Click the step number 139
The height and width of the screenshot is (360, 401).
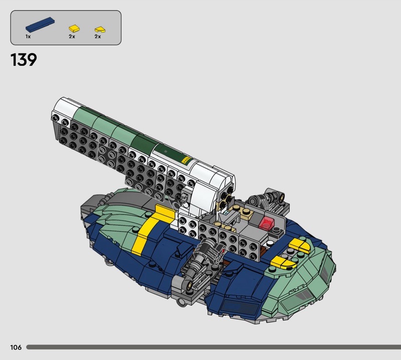coord(24,60)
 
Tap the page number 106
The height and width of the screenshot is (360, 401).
coord(16,347)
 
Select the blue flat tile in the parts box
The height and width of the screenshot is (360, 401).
coord(40,25)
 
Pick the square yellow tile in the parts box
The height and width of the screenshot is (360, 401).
coord(74,29)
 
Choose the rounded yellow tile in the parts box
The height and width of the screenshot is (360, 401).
coord(100,30)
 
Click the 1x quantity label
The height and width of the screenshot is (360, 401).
coord(28,37)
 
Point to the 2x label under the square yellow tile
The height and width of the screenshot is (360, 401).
coord(72,37)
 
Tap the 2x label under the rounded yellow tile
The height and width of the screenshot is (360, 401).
coord(98,37)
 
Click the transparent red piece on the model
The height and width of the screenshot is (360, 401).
coord(267,223)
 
